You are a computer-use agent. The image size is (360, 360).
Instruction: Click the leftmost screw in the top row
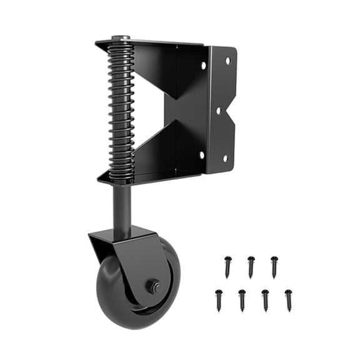click(227, 266)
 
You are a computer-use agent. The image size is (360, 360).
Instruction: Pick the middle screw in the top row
click(251, 266)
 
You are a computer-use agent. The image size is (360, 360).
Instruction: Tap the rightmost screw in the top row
click(274, 266)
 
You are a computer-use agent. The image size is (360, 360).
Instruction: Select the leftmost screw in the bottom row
click(219, 299)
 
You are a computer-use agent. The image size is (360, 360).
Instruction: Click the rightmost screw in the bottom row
click(288, 299)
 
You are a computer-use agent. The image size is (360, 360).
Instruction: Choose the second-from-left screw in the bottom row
click(242, 299)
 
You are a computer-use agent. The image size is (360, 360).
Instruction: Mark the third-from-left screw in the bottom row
click(265, 299)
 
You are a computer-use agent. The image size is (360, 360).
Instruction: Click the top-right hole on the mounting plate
click(227, 60)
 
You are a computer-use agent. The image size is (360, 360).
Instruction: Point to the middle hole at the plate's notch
click(218, 111)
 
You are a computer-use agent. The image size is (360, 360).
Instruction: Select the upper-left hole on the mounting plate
click(203, 64)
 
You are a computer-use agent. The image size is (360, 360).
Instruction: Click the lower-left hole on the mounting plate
click(201, 154)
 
